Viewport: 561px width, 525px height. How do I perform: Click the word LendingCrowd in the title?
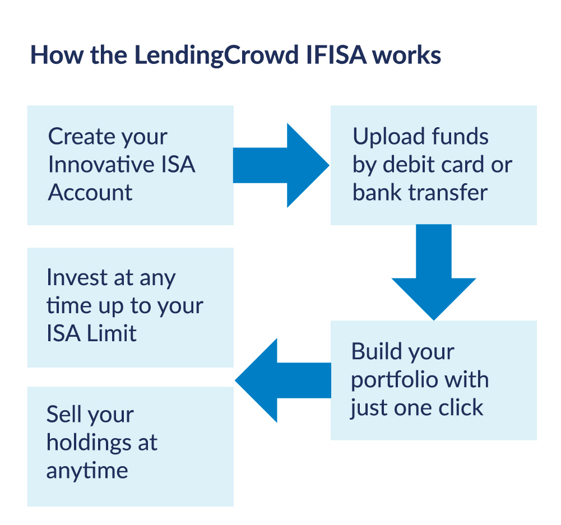(x=216, y=55)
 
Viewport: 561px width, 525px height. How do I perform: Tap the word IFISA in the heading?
(x=336, y=55)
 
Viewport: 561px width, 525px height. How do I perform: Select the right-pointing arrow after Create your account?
(x=281, y=165)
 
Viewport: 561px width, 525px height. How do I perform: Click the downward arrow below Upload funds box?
(x=434, y=272)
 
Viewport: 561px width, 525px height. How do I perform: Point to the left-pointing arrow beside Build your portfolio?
(x=283, y=380)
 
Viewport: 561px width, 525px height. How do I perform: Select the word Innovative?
(x=101, y=164)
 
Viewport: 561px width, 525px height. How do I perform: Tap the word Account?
(x=90, y=192)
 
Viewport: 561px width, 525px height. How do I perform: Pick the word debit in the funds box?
(x=409, y=164)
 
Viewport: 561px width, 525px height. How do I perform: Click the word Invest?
(x=77, y=277)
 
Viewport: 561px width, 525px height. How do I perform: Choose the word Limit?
(x=112, y=333)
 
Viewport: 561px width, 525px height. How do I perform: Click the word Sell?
(x=64, y=415)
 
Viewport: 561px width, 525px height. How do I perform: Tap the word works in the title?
(x=407, y=55)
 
